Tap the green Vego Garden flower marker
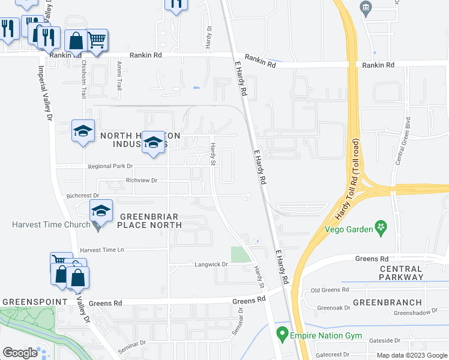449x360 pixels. click(379, 227)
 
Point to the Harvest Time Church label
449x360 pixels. click(46, 225)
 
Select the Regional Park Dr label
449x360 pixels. click(109, 166)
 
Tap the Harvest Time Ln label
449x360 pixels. click(101, 250)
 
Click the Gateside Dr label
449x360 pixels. click(391, 340)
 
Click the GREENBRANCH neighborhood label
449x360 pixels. click(387, 302)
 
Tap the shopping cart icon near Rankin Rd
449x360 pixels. click(97, 40)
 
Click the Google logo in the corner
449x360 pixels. click(20, 353)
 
